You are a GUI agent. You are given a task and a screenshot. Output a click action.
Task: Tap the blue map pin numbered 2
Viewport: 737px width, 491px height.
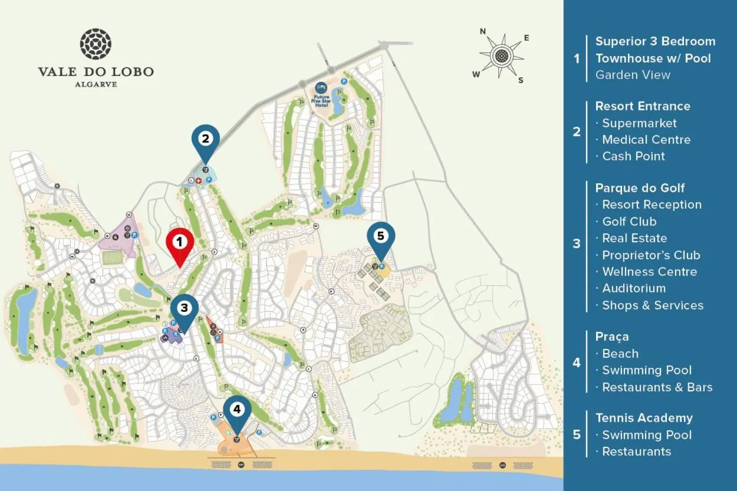click(x=205, y=140)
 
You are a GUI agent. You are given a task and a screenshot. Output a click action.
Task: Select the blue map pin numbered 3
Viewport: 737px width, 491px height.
click(x=184, y=308)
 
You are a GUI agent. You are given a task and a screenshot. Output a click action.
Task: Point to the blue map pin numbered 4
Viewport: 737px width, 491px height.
click(x=237, y=410)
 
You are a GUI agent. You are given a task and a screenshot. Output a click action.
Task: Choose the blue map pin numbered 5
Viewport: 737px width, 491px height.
click(x=380, y=237)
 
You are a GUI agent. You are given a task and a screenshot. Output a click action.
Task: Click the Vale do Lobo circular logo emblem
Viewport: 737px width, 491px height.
click(x=96, y=44)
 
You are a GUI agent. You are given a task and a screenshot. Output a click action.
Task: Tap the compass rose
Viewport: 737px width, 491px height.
click(x=501, y=56)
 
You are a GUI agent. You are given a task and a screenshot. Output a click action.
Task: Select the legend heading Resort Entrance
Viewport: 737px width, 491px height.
click(x=642, y=106)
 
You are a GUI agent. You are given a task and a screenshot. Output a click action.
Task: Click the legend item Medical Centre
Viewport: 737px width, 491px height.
click(x=646, y=140)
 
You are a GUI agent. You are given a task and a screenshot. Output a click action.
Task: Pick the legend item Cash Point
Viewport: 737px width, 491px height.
click(x=633, y=156)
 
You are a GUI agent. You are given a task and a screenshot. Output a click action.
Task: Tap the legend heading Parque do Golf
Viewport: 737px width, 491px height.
click(x=640, y=188)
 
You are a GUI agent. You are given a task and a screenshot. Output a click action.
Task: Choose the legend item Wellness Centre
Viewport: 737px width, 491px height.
click(x=649, y=272)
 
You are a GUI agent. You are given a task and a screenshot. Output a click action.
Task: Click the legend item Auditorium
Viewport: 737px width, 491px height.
click(x=633, y=288)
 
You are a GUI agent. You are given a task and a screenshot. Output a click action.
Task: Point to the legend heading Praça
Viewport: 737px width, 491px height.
click(x=612, y=337)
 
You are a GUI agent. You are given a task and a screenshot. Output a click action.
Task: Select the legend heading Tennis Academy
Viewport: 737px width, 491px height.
click(x=644, y=418)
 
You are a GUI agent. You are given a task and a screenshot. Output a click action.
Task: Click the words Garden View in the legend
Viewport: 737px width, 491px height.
click(x=633, y=75)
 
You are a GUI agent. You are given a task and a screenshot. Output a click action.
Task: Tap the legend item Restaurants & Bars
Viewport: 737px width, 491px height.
click(x=657, y=387)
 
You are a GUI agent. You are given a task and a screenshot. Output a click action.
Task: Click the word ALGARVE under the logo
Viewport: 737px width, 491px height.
click(x=96, y=84)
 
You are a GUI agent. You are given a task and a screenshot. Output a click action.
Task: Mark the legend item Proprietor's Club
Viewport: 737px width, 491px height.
click(x=651, y=255)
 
